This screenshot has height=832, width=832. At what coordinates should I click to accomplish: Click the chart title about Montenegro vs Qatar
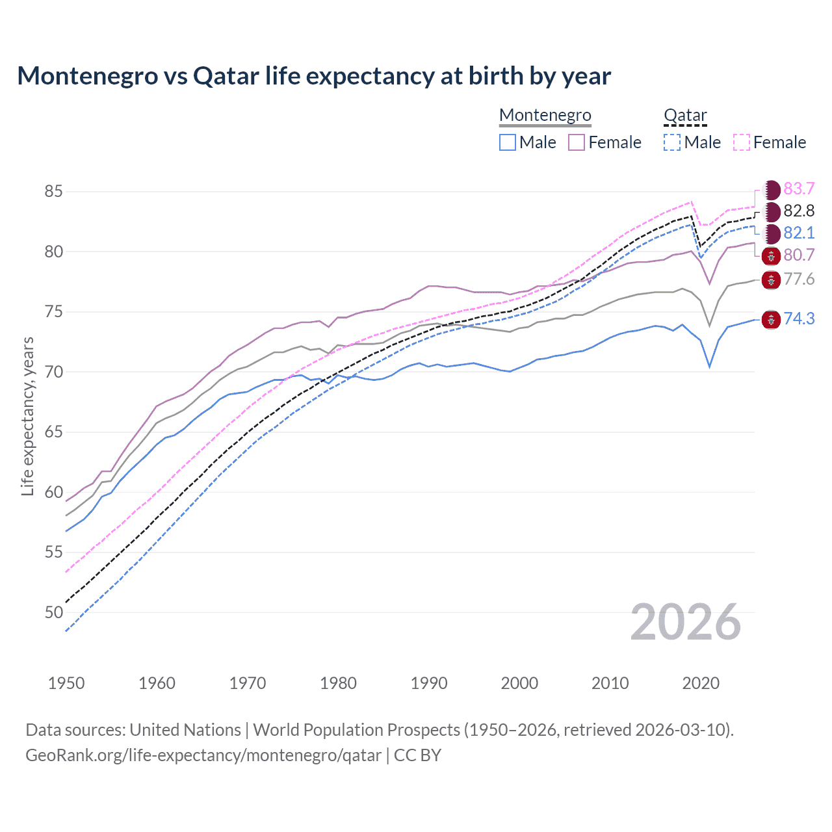[314, 76]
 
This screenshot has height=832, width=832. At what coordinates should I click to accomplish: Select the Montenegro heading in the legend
[545, 115]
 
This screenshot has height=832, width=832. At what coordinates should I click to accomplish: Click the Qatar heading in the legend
[684, 115]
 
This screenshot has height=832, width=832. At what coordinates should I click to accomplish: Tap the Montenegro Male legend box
[508, 142]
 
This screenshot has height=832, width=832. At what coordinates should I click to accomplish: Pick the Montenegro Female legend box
[577, 142]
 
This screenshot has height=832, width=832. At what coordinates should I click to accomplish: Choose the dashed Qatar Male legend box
[672, 142]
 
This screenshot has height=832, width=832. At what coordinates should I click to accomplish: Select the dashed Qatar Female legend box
[742, 142]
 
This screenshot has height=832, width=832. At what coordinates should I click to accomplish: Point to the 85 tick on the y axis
[53, 192]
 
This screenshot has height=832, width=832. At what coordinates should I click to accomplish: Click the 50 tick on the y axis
[53, 612]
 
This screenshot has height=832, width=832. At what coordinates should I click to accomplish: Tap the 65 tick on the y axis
[53, 432]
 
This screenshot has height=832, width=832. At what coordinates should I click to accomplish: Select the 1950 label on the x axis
[66, 683]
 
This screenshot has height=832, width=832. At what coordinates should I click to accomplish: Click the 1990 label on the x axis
[429, 683]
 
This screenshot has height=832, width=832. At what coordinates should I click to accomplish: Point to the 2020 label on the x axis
[701, 683]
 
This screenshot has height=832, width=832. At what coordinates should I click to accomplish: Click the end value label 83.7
[799, 189]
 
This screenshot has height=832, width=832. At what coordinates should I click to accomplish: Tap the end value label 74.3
[799, 318]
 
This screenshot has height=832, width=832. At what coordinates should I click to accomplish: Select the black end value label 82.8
[799, 211]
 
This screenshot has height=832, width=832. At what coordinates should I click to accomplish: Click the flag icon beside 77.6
[771, 280]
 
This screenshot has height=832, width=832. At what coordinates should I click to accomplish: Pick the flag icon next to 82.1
[771, 233]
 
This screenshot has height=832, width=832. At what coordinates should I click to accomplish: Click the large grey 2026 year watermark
[685, 622]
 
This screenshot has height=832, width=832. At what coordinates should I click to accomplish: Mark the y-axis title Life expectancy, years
[27, 417]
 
